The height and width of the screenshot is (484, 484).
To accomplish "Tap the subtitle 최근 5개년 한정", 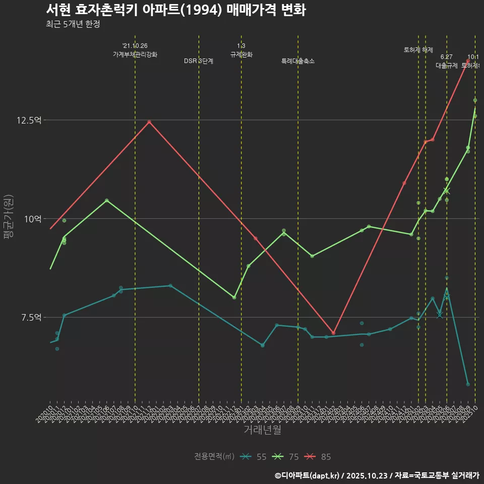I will [76, 24].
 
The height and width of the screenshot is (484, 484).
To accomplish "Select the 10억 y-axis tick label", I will [33, 218].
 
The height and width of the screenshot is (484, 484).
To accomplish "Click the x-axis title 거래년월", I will [262, 430].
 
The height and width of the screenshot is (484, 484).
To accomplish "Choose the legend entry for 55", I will [255, 457].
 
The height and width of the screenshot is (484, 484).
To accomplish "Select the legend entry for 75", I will [287, 457].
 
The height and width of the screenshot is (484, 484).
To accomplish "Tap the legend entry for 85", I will [319, 457].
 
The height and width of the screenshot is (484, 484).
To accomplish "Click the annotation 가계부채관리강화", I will [135, 54].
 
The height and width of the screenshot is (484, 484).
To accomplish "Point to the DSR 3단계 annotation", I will [199, 61].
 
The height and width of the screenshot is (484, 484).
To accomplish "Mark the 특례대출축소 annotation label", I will [298, 61].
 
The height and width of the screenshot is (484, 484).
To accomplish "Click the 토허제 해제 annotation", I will [418, 50].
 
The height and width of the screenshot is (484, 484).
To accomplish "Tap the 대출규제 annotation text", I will [446, 66].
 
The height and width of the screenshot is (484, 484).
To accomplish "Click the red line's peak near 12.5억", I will [149, 122].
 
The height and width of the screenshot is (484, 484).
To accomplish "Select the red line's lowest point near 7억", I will [333, 333].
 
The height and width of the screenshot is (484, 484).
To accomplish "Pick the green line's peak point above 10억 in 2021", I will [106, 200].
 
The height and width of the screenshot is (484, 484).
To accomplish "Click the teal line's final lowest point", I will [468, 384].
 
